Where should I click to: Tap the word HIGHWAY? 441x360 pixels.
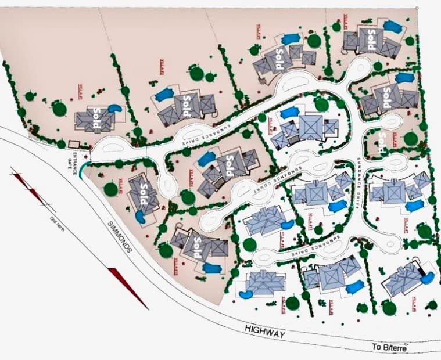(x=265, y=333)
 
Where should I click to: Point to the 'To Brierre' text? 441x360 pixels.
(x=389, y=347)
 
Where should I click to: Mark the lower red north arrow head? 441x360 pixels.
(x=128, y=287)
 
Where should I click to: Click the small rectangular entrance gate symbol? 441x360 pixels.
(x=74, y=143)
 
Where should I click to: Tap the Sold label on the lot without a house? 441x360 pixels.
(x=382, y=139)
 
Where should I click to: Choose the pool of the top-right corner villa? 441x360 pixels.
(x=393, y=26)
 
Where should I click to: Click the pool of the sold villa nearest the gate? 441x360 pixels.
(x=114, y=108)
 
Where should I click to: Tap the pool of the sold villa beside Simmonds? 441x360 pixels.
(x=140, y=217)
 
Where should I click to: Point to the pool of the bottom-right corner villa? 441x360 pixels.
(x=427, y=278)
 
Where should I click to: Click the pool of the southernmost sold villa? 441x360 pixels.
(x=212, y=268)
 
